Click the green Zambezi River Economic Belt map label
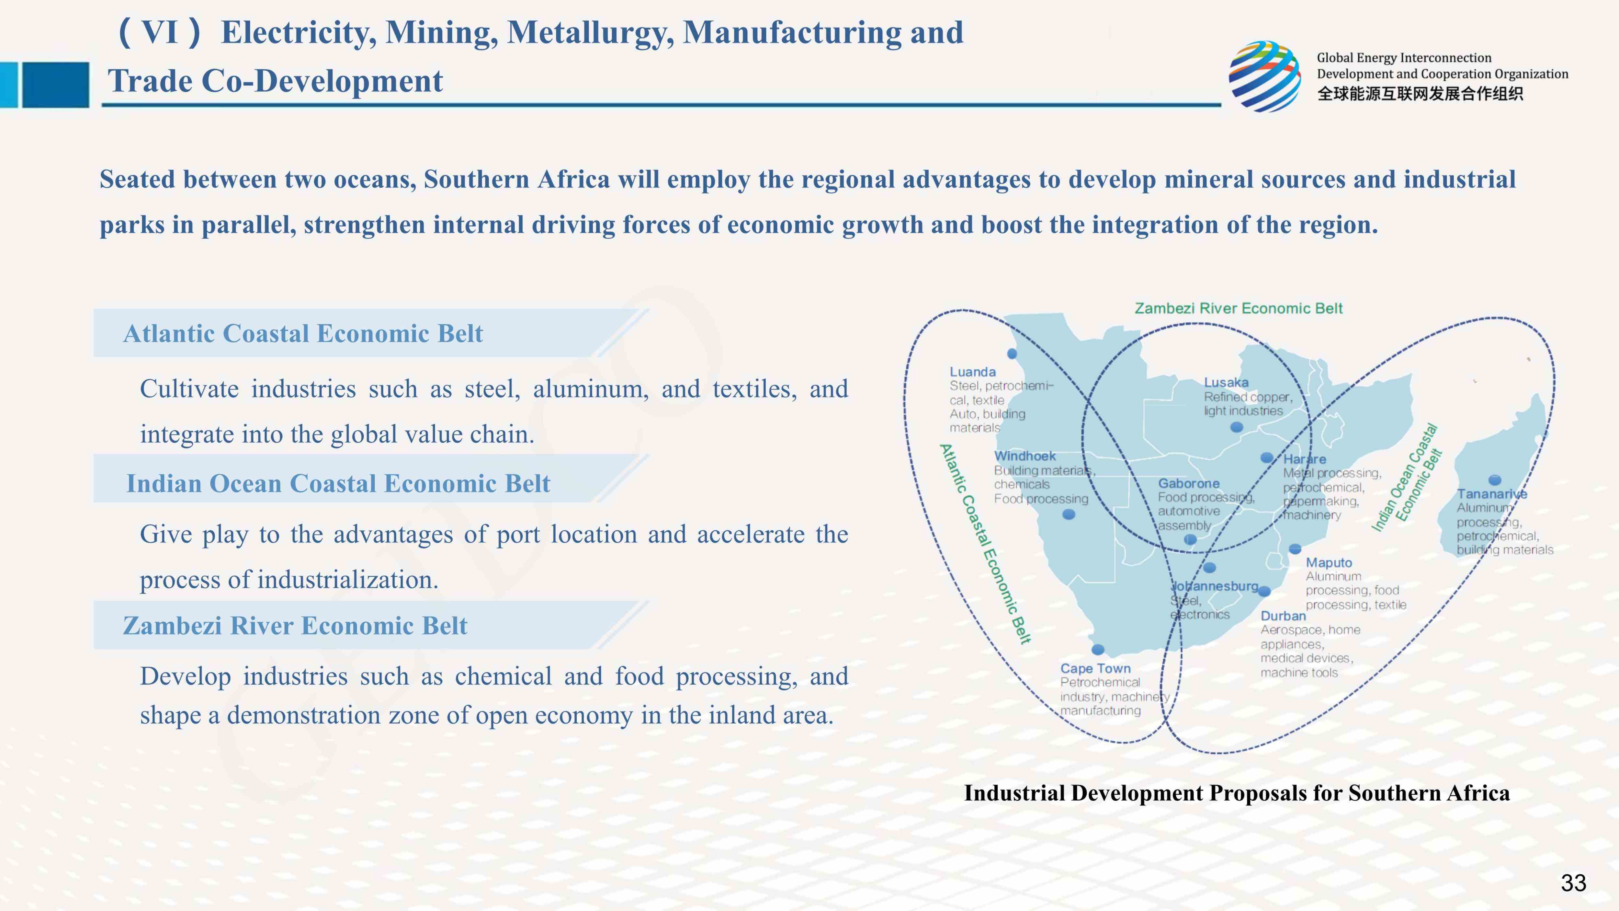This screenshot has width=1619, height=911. coord(1238,308)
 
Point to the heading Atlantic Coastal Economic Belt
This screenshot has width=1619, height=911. coord(303,333)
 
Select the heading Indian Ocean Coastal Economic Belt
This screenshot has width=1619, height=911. coord(338,483)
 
